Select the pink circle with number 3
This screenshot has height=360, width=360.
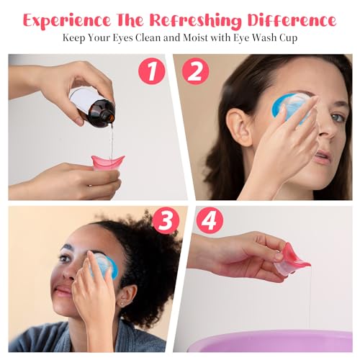(166, 222)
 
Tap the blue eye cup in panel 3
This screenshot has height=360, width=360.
(104, 265)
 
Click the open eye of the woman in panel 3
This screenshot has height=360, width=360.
(65, 258)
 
